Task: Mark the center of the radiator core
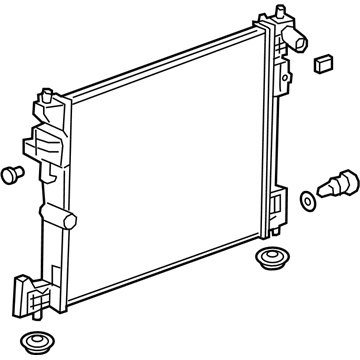pyautogui.click(x=165, y=160)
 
